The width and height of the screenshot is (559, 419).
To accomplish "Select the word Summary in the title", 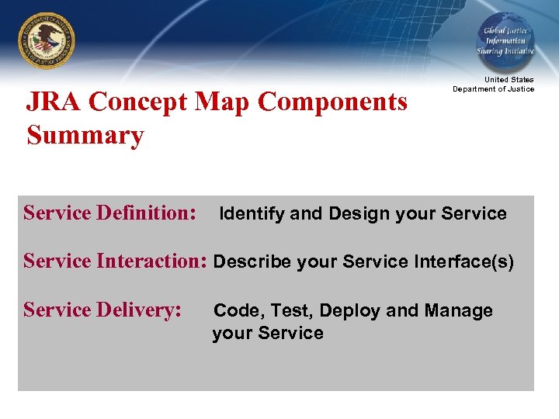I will coord(85,135).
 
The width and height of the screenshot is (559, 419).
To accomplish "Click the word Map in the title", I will coord(223,102).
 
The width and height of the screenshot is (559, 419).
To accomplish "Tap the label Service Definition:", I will coord(109,213).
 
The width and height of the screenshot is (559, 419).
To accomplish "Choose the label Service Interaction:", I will coord(115,261).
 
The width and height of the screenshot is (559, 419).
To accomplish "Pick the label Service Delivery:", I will coord(102,310).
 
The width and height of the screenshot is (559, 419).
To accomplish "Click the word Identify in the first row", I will coord(252,213).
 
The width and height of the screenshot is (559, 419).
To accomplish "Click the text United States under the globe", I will coord(509,80).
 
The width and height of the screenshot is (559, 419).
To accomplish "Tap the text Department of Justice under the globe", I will coord(494,89).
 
